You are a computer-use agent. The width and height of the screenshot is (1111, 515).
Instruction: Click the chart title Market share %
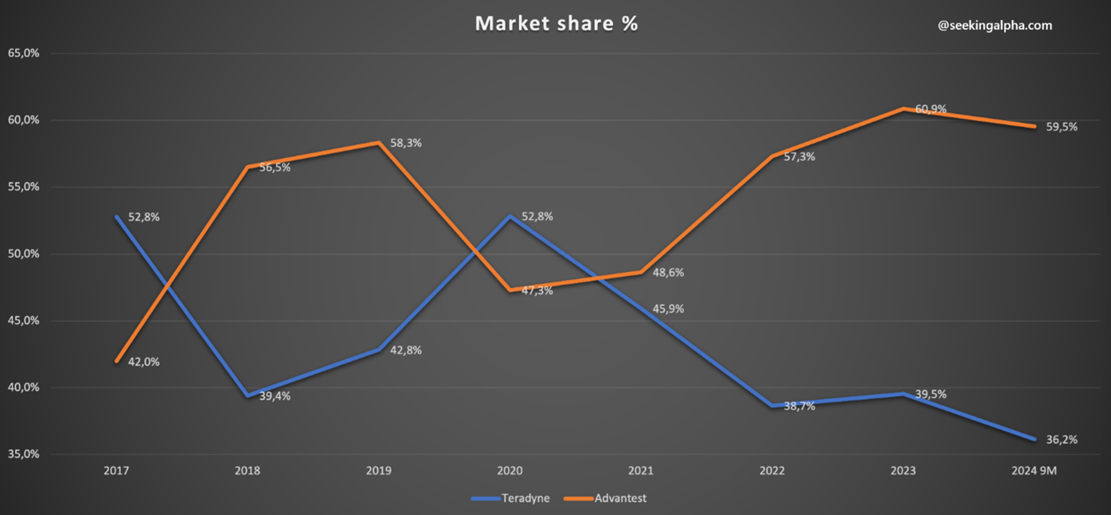(x=556, y=24)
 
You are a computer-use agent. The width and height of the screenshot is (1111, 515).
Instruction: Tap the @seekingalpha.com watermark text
(x=994, y=25)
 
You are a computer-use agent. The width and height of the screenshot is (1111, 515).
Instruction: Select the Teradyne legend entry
(x=511, y=498)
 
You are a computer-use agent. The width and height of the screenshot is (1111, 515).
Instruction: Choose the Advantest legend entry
(x=606, y=498)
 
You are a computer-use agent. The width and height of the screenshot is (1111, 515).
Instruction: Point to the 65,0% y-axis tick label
(x=24, y=53)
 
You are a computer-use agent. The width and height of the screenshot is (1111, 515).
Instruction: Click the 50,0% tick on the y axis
(x=24, y=254)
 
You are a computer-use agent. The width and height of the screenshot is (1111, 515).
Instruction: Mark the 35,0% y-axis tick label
(x=24, y=454)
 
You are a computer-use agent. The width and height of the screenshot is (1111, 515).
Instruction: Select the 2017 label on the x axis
(x=116, y=471)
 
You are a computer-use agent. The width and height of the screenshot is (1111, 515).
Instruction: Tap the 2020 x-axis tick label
(x=509, y=471)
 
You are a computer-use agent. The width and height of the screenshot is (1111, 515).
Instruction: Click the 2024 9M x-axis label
(x=1034, y=471)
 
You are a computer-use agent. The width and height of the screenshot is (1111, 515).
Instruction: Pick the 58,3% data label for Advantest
(x=406, y=143)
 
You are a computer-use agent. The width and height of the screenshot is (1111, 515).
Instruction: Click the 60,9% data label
(x=930, y=109)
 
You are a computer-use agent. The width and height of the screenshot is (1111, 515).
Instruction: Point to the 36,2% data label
(x=1061, y=439)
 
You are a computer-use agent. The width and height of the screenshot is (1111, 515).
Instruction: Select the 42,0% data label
(x=144, y=362)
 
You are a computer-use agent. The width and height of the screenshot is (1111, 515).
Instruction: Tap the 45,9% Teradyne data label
(x=668, y=309)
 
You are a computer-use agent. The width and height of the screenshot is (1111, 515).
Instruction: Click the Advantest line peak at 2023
(x=903, y=108)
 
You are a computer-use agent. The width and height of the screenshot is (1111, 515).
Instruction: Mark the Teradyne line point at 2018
(x=247, y=396)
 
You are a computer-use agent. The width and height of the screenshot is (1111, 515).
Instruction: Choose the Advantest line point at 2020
(x=510, y=290)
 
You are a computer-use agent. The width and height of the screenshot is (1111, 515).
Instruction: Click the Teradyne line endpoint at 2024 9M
(x=1034, y=439)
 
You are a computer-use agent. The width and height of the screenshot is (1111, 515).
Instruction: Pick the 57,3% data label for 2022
(x=799, y=157)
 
